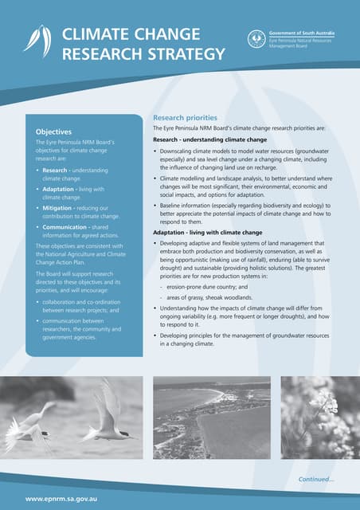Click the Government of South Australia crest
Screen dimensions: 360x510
coord(255,37)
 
